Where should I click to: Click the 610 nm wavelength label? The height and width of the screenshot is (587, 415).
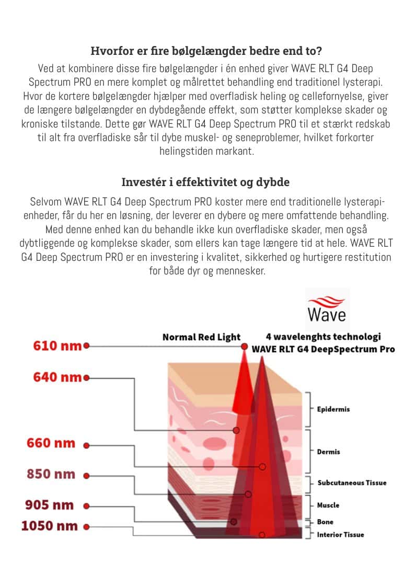[x=56, y=346]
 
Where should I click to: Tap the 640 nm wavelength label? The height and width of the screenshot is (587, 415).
[x=56, y=377]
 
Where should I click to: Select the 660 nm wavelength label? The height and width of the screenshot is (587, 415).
[x=51, y=443]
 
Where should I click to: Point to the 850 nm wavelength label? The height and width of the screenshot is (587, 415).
[x=51, y=475]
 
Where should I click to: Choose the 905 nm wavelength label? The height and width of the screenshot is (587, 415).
[x=50, y=505]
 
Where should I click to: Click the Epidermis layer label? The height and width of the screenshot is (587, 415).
[x=333, y=409]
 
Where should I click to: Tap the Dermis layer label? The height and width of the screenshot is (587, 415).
[x=328, y=452]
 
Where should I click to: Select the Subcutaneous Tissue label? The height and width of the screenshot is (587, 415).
[x=352, y=482]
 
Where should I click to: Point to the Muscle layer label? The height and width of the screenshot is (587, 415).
[x=328, y=505]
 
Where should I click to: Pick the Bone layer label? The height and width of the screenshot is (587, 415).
[x=325, y=522]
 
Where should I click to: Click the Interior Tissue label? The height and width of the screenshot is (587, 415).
[x=340, y=535]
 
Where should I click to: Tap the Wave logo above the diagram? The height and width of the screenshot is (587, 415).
[x=327, y=309]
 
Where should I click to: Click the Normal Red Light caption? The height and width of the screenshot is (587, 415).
[x=201, y=337]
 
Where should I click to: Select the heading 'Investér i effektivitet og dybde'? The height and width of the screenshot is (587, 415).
[x=205, y=182]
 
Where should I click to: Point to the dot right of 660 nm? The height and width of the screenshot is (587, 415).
[x=86, y=445]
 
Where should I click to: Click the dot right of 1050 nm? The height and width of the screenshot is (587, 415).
[x=86, y=527]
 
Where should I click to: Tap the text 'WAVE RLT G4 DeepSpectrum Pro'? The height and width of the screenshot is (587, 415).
[x=323, y=349]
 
